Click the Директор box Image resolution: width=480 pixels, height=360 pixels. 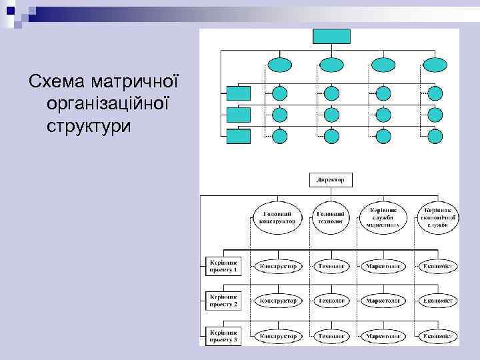click(331, 180)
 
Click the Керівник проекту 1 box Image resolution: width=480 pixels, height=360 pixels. click(223, 266)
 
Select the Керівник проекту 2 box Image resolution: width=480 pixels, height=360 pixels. click(223, 301)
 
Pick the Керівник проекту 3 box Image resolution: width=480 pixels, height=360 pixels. click(223, 335)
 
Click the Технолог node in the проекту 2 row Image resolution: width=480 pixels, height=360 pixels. click(331, 301)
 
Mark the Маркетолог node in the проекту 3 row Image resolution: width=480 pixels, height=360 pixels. click(383, 336)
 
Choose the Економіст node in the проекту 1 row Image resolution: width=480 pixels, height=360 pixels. click(438, 266)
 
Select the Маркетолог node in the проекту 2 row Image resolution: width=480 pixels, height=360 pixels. click(383, 301)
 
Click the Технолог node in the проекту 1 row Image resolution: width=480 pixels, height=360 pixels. click(331, 266)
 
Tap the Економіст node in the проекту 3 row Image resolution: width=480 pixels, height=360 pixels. click(438, 336)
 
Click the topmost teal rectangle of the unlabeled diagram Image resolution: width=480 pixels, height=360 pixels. click(331, 36)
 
